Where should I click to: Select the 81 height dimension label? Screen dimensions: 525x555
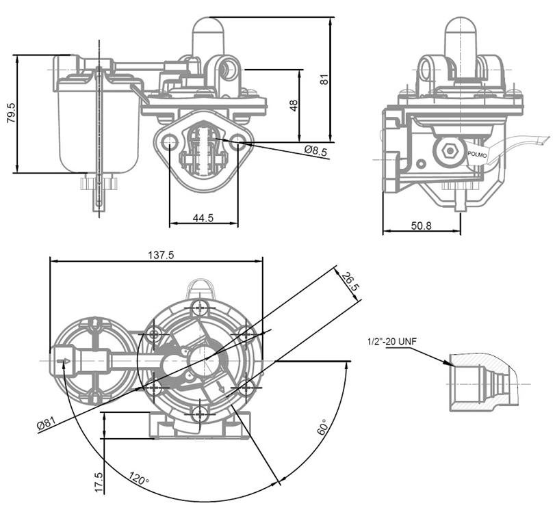[324, 78]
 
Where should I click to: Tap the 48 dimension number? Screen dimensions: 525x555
[293, 105]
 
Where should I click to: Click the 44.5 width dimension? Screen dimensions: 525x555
[203, 218]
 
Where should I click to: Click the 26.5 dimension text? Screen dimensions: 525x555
[349, 282]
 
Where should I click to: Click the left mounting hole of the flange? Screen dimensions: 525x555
[169, 142]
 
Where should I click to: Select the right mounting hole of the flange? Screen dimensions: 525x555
[237, 142]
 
